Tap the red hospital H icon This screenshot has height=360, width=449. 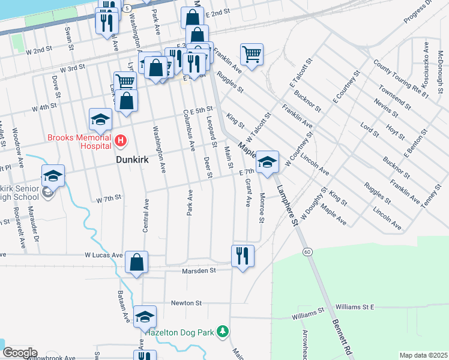coord(121,142)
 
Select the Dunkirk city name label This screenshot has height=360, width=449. coord(133,161)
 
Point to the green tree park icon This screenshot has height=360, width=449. coord(223,331)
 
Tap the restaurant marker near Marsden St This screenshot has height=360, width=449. coord(243,256)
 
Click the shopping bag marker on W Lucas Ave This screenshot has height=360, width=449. coord(137,262)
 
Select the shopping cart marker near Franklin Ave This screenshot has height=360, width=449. coord(252,55)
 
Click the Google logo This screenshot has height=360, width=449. coord(19,353)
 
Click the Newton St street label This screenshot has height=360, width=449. coord(184,303)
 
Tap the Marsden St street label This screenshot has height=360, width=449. coord(199,271)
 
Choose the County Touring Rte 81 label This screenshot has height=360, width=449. coord(401,79)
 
